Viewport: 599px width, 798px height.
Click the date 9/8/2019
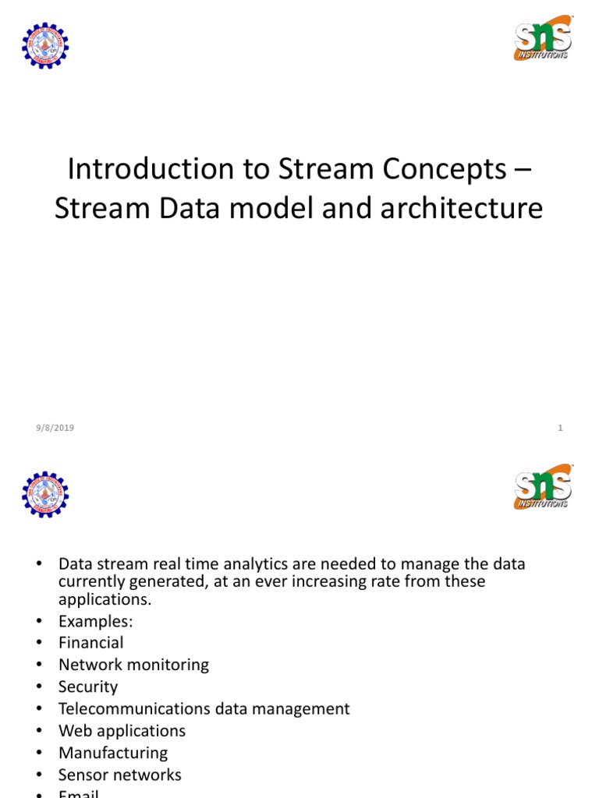[x=55, y=428]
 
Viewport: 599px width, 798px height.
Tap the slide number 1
[x=560, y=428]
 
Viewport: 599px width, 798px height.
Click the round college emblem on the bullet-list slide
[x=45, y=495]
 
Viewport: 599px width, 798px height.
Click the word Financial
[x=90, y=643]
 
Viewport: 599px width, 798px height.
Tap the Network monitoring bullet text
[x=133, y=665]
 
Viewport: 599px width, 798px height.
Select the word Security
[x=87, y=687]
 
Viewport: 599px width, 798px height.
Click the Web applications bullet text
[x=122, y=731]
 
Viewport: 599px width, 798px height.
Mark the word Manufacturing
[x=112, y=753]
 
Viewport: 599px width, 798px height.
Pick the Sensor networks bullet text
[x=119, y=775]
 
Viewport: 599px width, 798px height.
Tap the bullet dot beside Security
[x=40, y=687]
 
